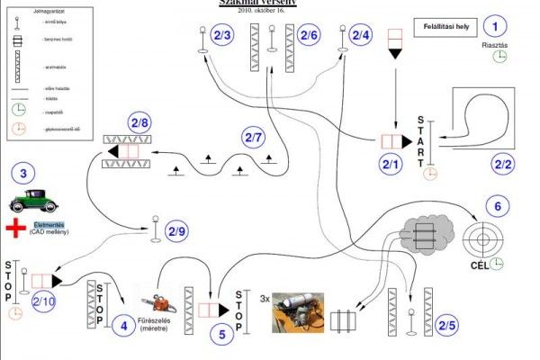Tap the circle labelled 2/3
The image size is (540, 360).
pyautogui.click(x=222, y=35)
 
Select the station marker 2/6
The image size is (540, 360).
pyautogui.click(x=309, y=35)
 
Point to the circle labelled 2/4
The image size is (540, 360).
pyautogui.click(x=360, y=35)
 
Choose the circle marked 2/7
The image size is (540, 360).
pyautogui.click(x=255, y=138)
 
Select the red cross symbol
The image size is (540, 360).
pyautogui.click(x=15, y=228)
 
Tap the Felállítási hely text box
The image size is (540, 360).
pyautogui.click(x=446, y=27)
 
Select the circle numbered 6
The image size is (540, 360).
pyautogui.click(x=495, y=205)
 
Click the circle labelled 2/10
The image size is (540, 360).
pyautogui.click(x=43, y=302)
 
